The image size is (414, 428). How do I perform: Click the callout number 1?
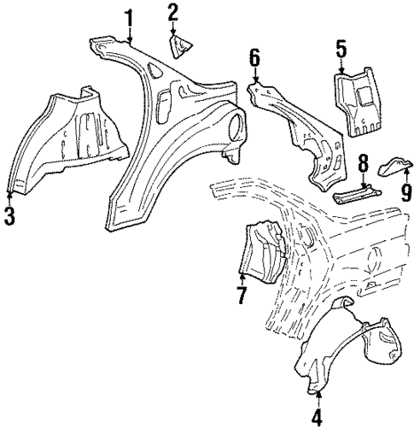129,17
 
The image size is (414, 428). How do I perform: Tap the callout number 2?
173,12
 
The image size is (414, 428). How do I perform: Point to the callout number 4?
317,418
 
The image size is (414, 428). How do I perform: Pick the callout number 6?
254,59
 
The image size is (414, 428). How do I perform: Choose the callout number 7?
242,295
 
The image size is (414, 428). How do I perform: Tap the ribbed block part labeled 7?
261,251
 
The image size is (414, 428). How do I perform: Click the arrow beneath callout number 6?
254,77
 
